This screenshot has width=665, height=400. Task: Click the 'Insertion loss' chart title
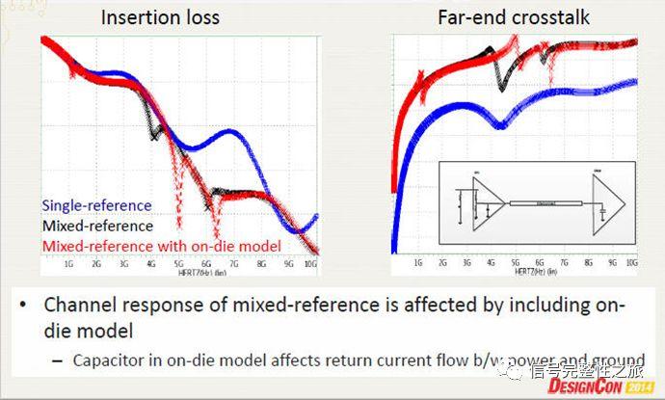click(161, 16)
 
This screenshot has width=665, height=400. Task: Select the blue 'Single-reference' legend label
click(96, 205)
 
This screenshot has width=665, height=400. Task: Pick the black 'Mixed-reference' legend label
click(96, 225)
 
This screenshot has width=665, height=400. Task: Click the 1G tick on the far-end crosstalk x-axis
click(416, 261)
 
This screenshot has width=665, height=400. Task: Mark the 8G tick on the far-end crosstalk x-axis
click(583, 261)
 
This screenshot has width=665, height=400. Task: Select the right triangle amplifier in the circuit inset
click(613, 203)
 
